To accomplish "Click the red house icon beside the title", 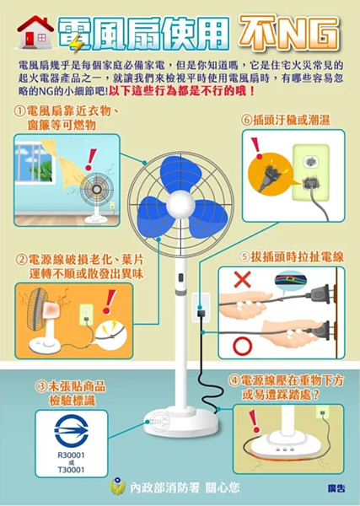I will pos(35,33).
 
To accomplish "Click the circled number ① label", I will pos(20,111).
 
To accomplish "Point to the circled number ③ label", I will pos(40,385).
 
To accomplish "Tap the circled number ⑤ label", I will pos(244,256).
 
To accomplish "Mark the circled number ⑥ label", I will pos(246,120).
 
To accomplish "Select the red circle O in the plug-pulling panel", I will pos(243,346).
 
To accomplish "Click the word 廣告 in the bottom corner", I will pos(336,489).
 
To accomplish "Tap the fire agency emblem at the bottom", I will pos(117,487).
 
